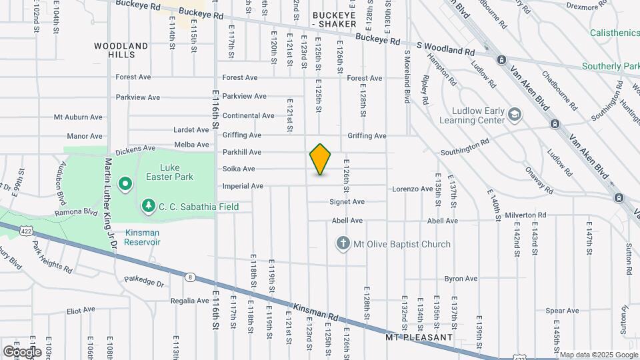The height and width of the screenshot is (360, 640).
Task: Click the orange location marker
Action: tap(320, 159)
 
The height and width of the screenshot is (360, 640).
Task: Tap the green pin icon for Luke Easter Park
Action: tap(125, 183)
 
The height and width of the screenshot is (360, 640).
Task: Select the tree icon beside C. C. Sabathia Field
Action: tap(148, 207)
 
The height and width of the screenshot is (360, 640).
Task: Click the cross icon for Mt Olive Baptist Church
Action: tap(343, 244)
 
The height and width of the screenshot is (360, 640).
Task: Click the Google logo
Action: tap(21, 351)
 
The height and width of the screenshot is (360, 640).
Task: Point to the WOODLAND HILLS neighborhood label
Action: tap(121, 51)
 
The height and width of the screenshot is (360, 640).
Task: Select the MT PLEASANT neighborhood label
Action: tap(419, 337)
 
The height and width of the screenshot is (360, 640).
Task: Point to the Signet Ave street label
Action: tap(347, 201)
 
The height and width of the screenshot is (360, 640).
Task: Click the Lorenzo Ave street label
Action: tap(412, 189)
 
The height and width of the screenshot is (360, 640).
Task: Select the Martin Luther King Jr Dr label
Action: tap(109, 203)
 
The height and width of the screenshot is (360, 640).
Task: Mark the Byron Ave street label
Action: tap(461, 279)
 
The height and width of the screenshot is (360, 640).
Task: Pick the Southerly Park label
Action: tap(610, 66)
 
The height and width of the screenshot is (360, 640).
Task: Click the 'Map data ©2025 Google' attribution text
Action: tap(598, 355)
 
